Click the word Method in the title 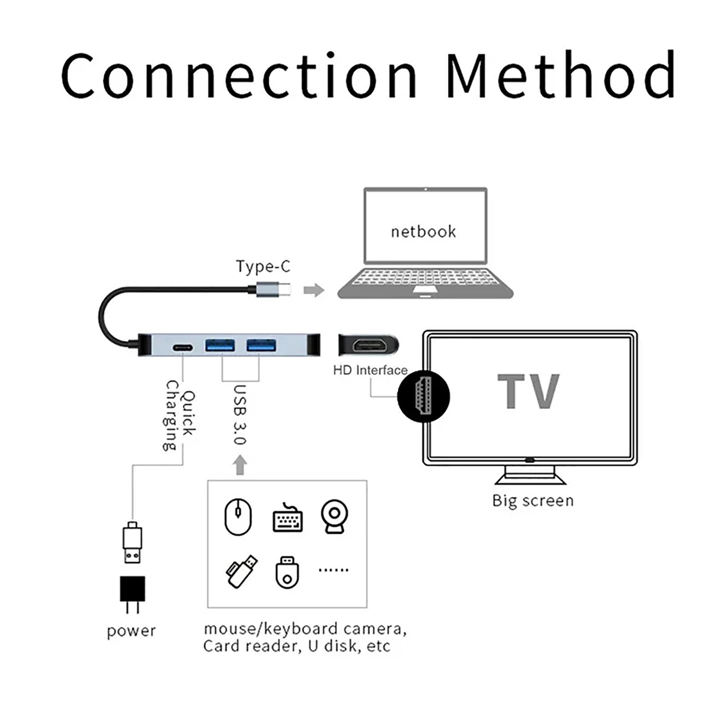561,75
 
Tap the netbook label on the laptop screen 423,232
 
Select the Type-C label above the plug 263,266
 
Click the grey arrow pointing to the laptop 314,290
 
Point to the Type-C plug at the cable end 274,289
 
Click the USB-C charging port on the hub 183,348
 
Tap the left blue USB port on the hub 220,346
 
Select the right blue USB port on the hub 261,346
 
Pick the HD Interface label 370,370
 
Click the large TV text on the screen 529,392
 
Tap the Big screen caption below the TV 533,501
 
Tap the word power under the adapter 131,631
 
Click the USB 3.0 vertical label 240,415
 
